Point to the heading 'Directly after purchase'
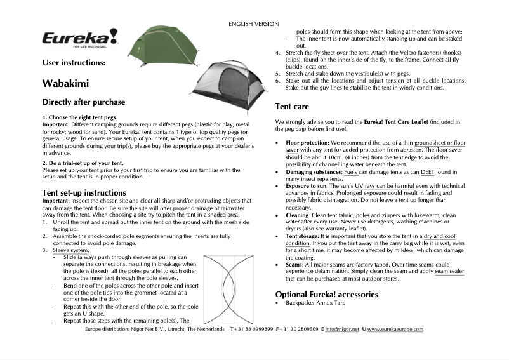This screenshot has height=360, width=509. pyautogui.click(x=83, y=102)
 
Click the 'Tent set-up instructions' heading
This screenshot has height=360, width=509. pyautogui.click(x=94, y=192)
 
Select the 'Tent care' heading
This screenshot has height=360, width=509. pyautogui.click(x=292, y=107)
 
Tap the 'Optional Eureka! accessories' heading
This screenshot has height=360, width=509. pyautogui.click(x=326, y=294)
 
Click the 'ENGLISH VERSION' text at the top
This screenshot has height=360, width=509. pyautogui.click(x=253, y=24)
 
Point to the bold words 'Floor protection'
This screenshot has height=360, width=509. pyautogui.click(x=307, y=143)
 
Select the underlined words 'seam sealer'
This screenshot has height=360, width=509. pyautogui.click(x=449, y=271)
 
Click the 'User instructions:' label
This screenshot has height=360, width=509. pyautogui.click(x=69, y=63)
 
